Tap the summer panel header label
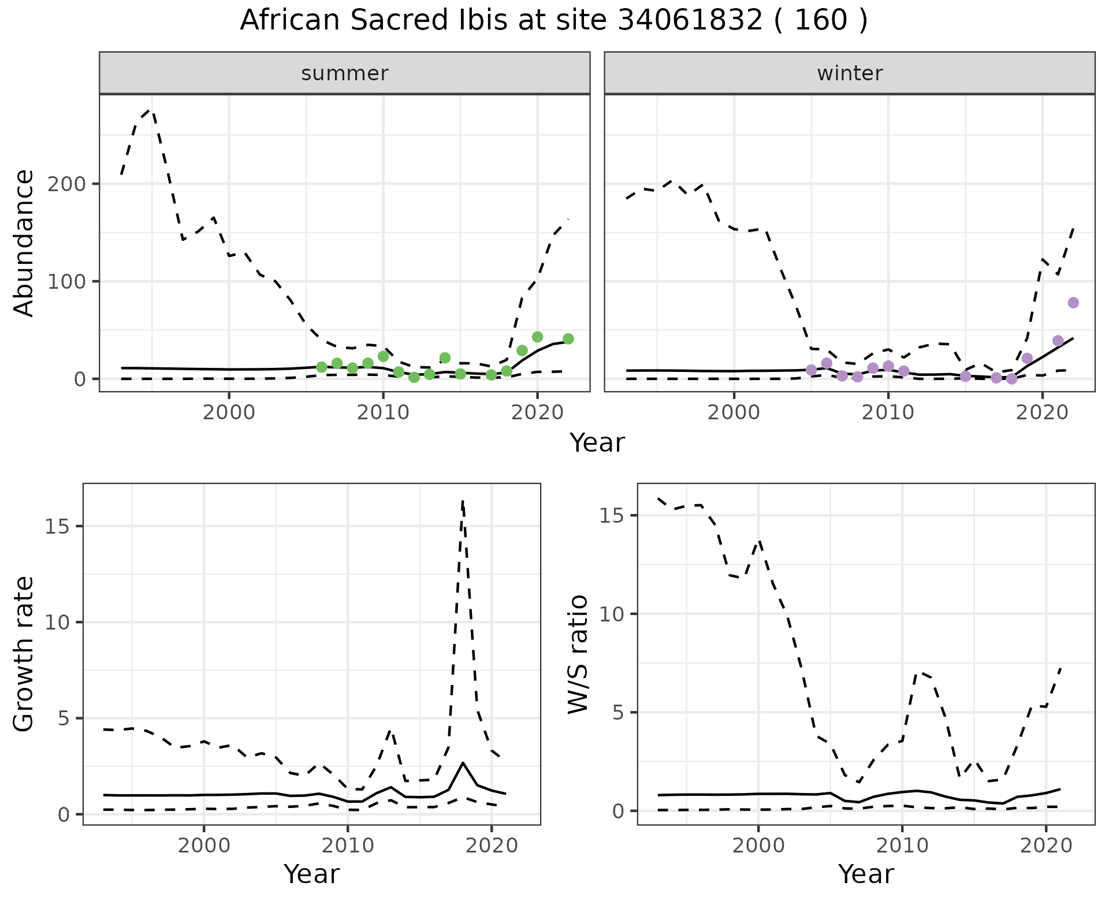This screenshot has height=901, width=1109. point(345,73)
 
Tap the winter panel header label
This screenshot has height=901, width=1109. point(850,73)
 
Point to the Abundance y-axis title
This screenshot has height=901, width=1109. point(24,243)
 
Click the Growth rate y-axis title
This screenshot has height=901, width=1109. point(24,654)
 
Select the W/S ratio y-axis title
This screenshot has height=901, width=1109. point(578,654)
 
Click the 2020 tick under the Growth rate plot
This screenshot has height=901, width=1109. point(491,846)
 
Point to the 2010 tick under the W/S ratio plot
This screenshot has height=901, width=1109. point(902,846)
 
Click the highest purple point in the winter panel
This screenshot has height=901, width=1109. point(1073,303)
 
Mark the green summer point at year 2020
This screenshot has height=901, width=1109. point(537,337)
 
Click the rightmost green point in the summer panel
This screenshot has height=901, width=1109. point(568,338)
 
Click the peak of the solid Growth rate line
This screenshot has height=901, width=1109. point(463,763)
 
